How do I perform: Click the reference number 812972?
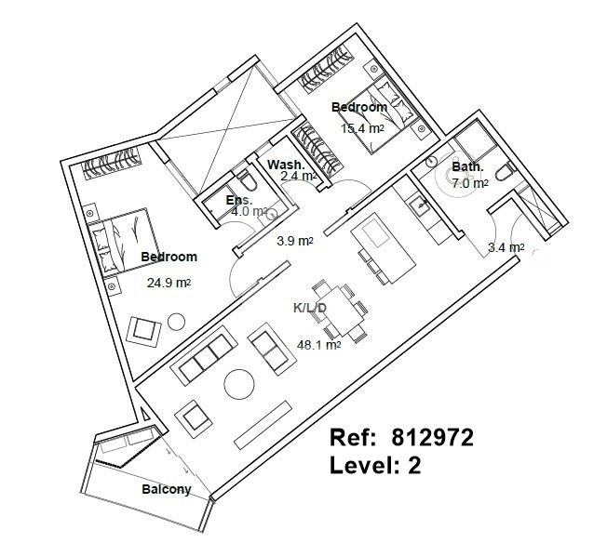point(432,438)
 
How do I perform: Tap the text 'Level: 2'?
point(375,465)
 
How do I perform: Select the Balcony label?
point(167,489)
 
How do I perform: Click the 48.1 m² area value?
point(318,345)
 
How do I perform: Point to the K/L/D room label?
point(310,309)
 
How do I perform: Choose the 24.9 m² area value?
point(169,283)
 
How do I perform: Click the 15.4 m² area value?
point(362,128)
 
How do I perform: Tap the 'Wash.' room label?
point(286,165)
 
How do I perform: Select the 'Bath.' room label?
point(467,166)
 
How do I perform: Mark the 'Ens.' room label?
point(239,200)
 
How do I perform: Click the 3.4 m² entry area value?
point(506,247)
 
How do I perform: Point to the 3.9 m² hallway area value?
point(295,241)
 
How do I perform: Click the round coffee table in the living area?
point(238,384)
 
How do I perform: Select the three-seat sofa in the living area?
point(204,355)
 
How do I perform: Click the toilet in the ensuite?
point(249,180)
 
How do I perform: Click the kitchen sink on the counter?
point(420,205)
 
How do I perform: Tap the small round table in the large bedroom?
point(176,322)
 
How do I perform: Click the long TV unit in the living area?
point(263,425)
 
